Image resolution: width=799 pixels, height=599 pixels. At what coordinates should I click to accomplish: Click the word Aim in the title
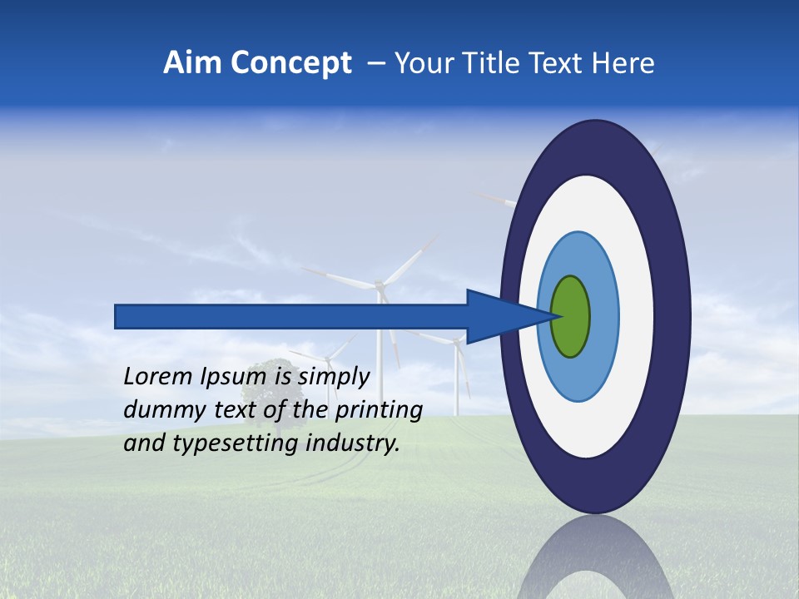(193, 63)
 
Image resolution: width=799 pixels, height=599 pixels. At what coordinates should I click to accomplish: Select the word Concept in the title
(291, 63)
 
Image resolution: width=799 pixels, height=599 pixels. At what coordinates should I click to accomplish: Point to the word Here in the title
(623, 63)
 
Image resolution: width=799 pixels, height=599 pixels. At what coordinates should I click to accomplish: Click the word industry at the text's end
(353, 443)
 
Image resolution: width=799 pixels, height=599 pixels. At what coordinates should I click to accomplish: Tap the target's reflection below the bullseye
(595, 557)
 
